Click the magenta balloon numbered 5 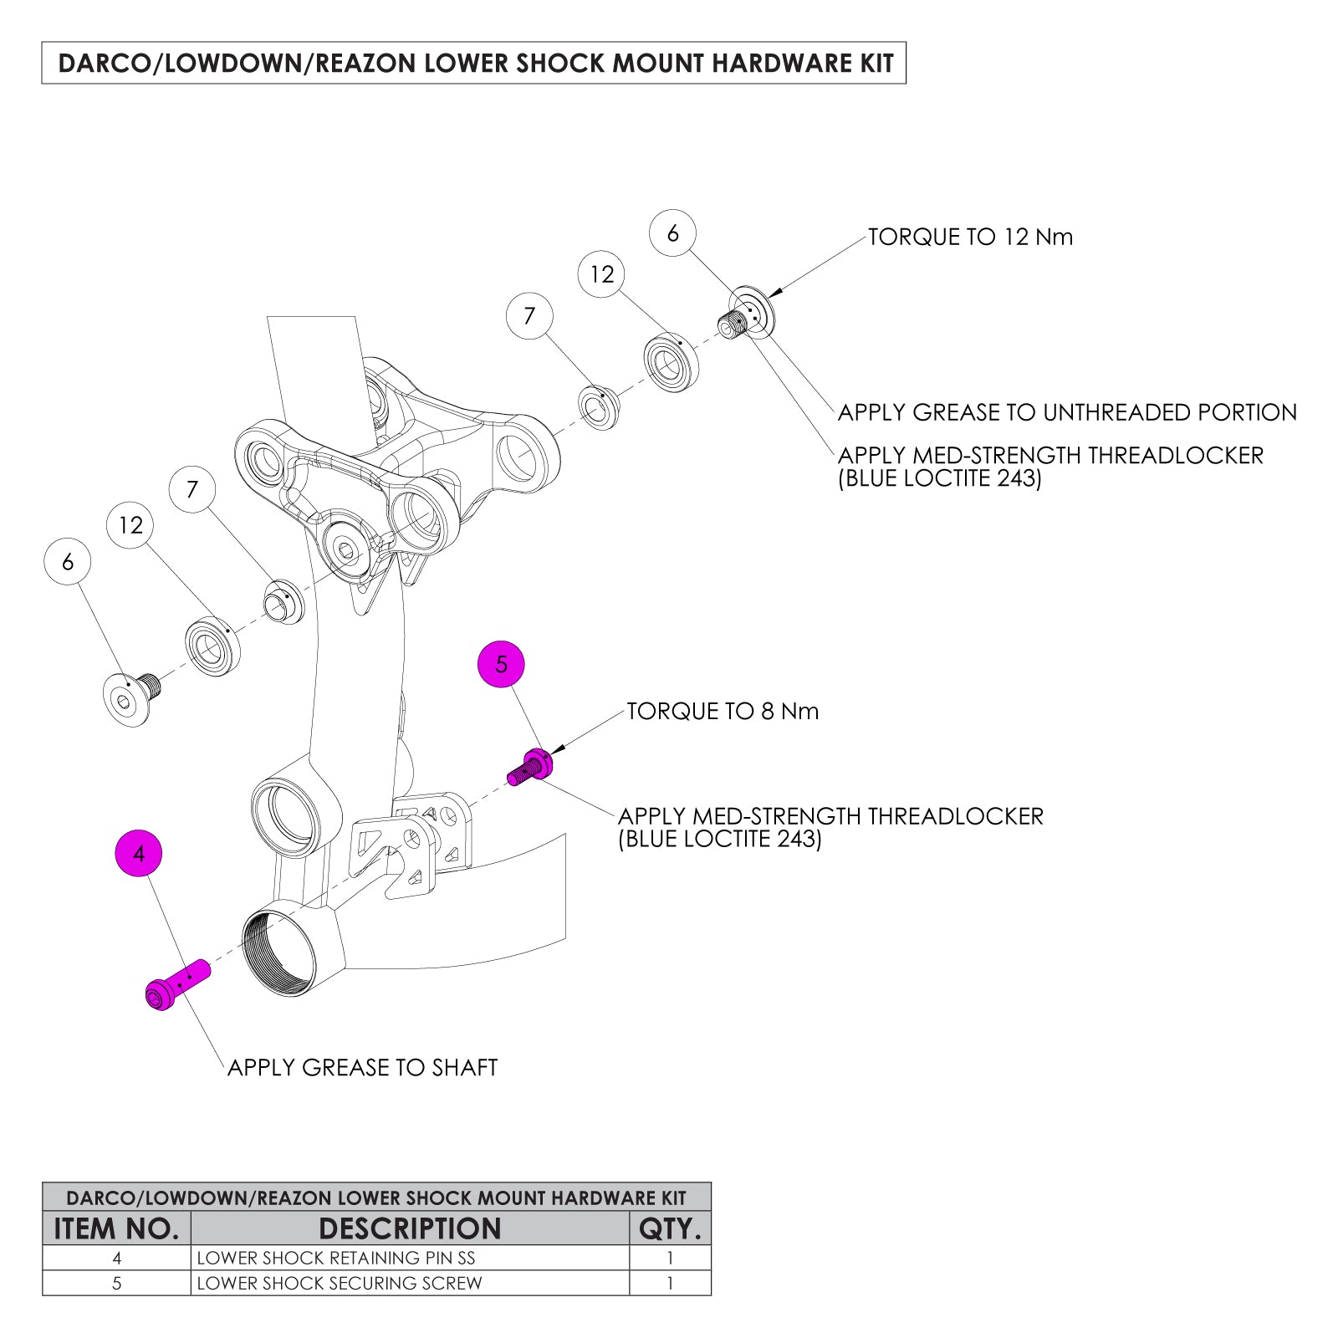501,664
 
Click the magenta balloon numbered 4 139,853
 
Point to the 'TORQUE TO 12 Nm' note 970,237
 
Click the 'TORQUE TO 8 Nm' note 723,712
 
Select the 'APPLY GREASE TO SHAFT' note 362,1068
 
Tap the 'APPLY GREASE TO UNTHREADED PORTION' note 1067,412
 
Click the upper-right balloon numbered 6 672,233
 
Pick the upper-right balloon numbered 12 602,274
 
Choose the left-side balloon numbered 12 131,525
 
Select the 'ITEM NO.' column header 116,1228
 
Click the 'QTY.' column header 670,1228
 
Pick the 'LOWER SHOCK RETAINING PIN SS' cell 336,1258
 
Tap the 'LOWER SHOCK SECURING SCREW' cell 340,1283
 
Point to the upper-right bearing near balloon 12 671,362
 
